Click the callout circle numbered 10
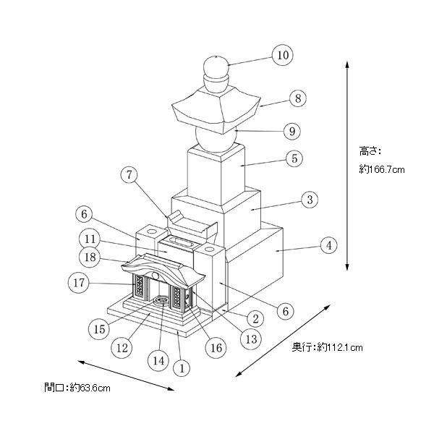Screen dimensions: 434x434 (x=281, y=54)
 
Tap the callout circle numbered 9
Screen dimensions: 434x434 (x=291, y=132)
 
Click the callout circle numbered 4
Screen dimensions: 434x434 (x=328, y=246)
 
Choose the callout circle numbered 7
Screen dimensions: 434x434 (x=129, y=176)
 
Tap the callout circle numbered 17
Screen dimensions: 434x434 (x=78, y=283)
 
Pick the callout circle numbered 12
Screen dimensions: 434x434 (x=123, y=348)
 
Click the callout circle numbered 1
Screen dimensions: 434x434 (x=183, y=368)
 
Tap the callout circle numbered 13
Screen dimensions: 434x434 (x=250, y=338)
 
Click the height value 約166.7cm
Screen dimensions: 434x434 (x=381, y=170)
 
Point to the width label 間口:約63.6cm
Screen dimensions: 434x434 (x=77, y=388)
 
